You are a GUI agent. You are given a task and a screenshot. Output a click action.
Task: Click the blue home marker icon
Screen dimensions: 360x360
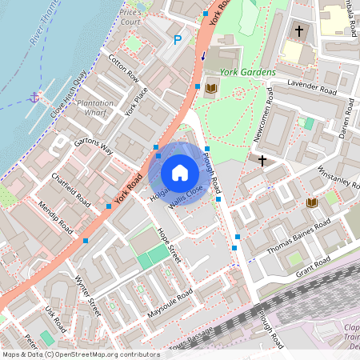[180, 173]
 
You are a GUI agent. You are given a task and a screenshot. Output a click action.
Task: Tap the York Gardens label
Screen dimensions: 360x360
[247, 72]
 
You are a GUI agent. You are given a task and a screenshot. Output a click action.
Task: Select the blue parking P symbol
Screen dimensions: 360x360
[178, 39]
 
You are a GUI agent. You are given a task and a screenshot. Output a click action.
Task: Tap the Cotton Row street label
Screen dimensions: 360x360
[123, 69]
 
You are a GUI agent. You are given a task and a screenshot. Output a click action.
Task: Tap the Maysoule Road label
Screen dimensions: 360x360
[170, 305]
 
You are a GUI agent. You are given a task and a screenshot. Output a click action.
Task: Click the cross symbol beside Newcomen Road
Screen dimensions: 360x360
[262, 161]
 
